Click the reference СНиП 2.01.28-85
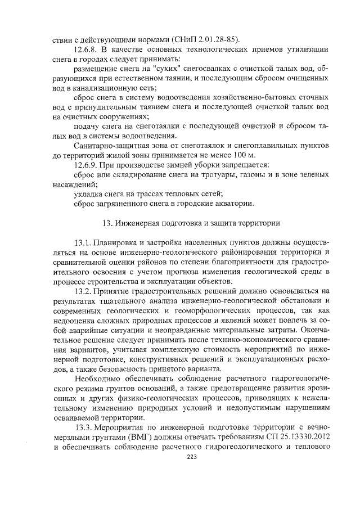(x=209, y=39)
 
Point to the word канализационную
(x=115, y=89)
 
